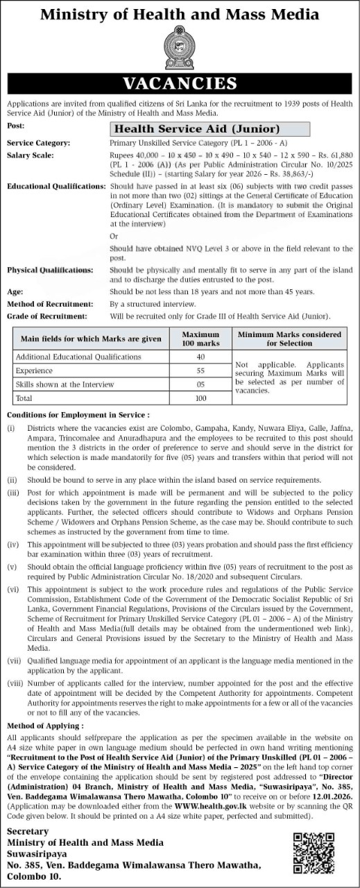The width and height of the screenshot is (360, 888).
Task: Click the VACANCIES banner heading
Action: coord(180,84)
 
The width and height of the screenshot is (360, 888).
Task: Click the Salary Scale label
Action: coord(31,155)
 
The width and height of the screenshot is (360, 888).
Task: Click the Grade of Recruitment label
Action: coord(46,316)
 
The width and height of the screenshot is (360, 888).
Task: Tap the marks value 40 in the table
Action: coord(200,357)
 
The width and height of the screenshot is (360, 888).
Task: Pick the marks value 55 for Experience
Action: coord(200,370)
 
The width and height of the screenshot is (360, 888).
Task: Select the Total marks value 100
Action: coord(200,398)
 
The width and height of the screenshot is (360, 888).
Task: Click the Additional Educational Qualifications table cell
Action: coord(78,357)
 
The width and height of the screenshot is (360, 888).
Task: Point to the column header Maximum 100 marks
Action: coord(200,339)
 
